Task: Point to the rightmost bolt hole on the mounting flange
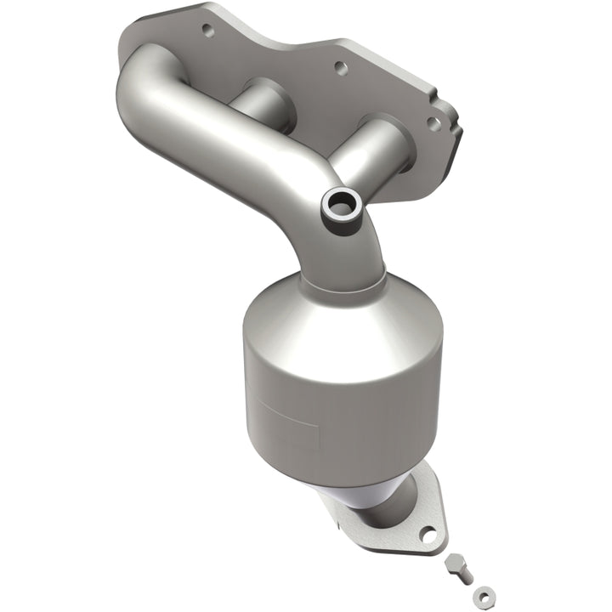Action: pos(433,123)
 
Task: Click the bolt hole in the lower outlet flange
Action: pos(428,535)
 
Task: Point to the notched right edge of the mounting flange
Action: pos(450,127)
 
